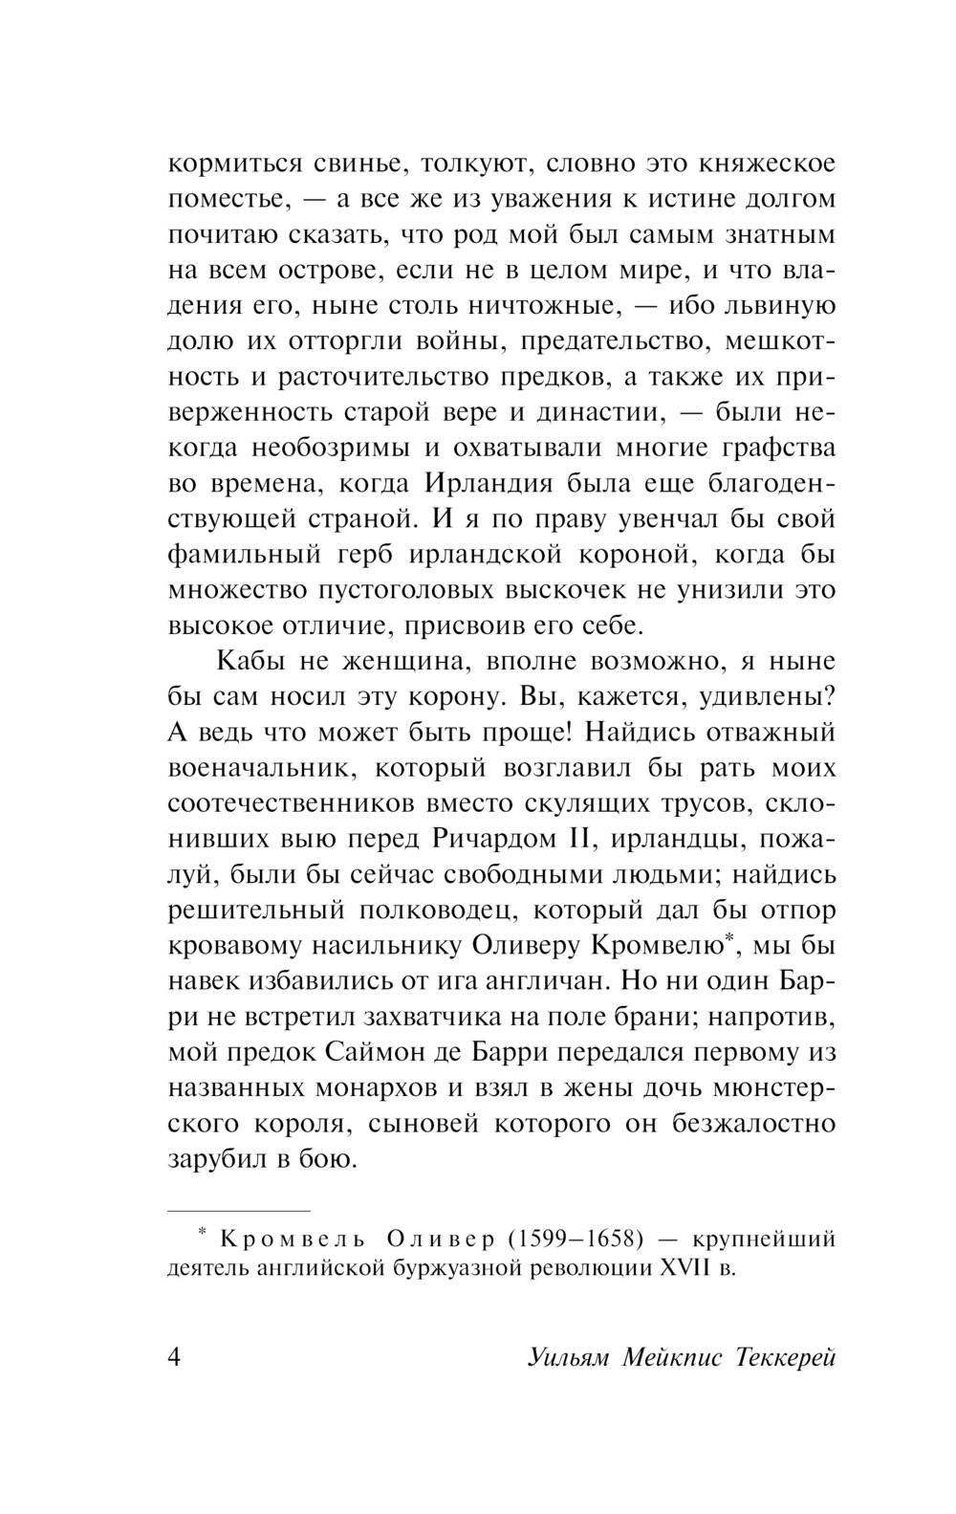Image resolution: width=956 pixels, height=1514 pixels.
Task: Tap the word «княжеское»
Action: point(761,164)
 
